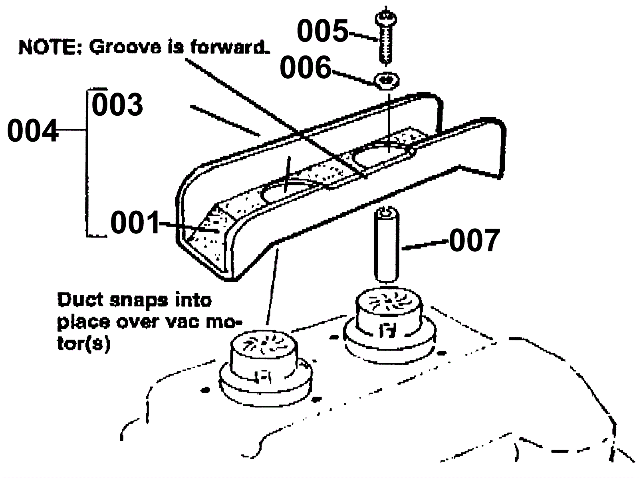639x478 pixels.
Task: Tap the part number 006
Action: pyautogui.click(x=306, y=67)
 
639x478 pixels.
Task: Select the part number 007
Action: pyautogui.click(x=474, y=240)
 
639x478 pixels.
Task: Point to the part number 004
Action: pyautogui.click(x=32, y=131)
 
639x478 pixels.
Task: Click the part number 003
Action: pyautogui.click(x=117, y=105)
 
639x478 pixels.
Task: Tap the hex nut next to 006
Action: pyautogui.click(x=386, y=81)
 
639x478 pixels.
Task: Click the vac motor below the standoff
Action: pyautogui.click(x=389, y=319)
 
